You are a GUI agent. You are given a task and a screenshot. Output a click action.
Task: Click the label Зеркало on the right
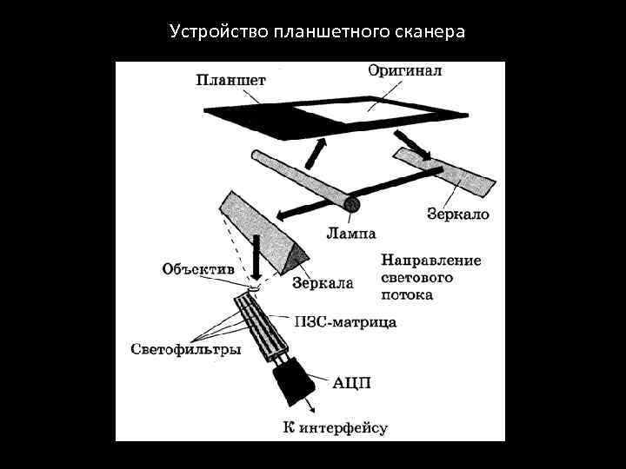click(x=458, y=213)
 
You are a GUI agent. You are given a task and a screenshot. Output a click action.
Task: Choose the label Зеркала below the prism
click(x=323, y=282)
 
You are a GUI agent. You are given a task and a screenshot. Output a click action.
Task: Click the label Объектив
click(x=198, y=269)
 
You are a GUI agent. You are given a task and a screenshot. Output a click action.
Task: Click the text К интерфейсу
click(x=335, y=426)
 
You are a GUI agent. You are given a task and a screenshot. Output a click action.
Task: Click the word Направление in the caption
click(x=431, y=261)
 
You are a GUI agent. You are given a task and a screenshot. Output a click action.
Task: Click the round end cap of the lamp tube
click(x=352, y=205)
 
